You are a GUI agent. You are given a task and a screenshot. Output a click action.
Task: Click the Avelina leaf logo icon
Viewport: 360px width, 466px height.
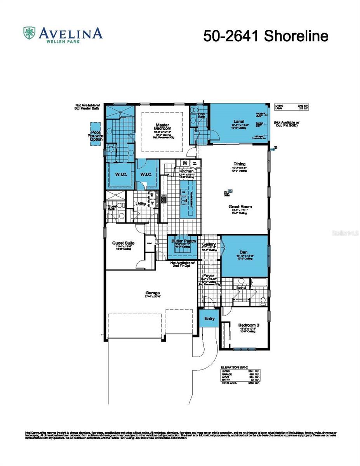point(30,33)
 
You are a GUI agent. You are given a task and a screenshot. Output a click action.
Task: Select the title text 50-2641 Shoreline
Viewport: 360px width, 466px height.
point(266,36)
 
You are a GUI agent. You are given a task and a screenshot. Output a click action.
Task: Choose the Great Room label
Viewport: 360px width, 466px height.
point(240,207)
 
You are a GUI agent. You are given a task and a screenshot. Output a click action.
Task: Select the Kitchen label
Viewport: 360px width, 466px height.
point(186,171)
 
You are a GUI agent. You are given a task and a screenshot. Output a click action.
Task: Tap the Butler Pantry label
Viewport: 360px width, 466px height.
point(184,241)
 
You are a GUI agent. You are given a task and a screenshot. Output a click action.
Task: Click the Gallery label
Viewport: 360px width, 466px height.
point(209,244)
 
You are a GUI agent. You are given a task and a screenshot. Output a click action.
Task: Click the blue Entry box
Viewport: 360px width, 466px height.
point(209,318)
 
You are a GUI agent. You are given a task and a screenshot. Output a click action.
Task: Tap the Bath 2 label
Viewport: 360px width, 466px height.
point(241,288)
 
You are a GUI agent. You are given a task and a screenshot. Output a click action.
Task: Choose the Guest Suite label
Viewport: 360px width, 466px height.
point(123,243)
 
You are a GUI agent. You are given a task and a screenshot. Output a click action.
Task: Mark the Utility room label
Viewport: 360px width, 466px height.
point(141,203)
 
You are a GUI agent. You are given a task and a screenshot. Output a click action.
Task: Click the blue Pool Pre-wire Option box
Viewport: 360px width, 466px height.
point(95,134)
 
